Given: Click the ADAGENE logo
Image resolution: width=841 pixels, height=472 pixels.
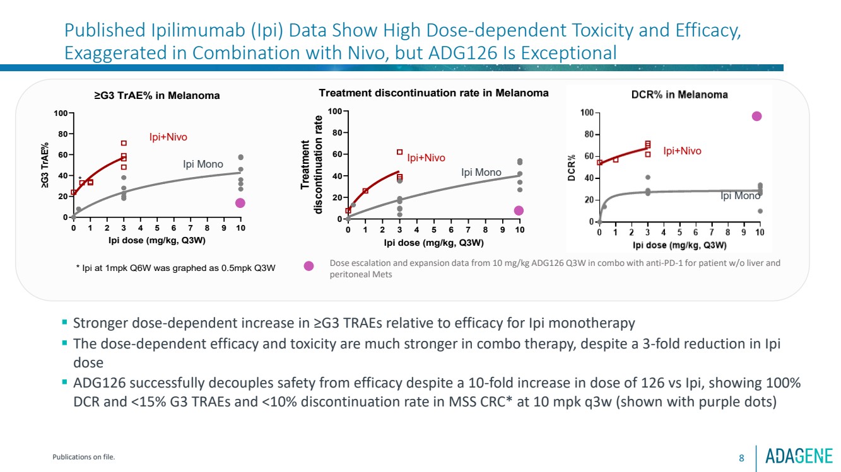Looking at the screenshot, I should pos(799,456).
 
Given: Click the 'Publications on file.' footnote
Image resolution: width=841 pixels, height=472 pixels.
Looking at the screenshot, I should pos(83,458).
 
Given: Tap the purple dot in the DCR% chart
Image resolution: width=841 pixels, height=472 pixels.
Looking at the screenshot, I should pos(757,116).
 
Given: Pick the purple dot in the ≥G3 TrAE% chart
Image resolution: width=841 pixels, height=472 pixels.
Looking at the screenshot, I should pos(240,203).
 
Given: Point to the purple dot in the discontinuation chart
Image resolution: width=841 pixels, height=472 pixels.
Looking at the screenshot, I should pos(519,210).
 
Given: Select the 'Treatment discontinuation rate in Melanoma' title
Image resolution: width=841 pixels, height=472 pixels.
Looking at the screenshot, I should pos(433,93).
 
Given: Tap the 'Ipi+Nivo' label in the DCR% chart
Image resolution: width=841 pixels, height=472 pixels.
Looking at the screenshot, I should pos(682,151).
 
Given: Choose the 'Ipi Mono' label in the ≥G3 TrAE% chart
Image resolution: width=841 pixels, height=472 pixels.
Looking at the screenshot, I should pos(203,164).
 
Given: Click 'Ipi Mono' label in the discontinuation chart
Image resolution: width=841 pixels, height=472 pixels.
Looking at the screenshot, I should pos(481,172).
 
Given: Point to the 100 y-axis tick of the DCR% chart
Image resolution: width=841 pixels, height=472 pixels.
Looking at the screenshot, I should pos(587,113).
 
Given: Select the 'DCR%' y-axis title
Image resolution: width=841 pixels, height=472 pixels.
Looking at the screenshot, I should pos(572,169).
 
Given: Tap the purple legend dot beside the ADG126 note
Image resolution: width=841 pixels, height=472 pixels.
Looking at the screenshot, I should pos(309,267).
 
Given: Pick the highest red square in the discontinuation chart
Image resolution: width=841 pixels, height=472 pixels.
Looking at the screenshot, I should pos(399,152).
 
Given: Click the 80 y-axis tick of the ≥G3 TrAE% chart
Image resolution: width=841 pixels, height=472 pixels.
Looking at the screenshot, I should pos(64,134).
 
